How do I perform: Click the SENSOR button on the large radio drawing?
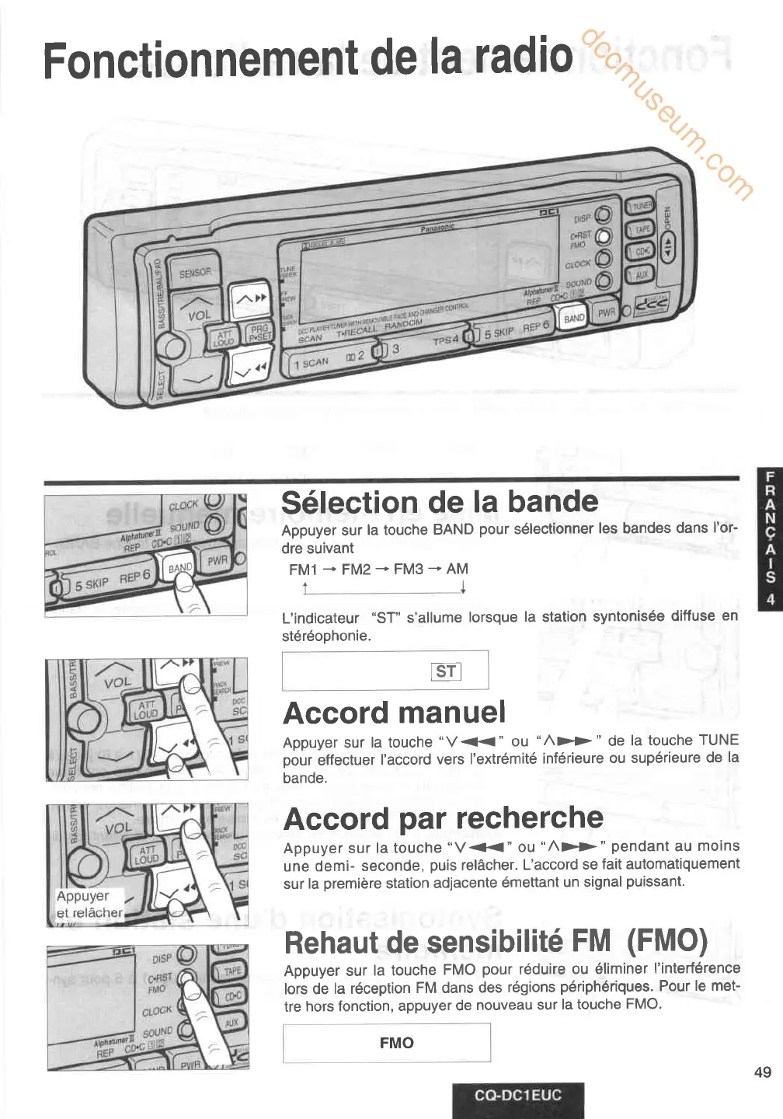click(195, 272)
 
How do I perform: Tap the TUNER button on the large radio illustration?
click(642, 207)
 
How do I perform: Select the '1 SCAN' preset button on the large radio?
click(311, 363)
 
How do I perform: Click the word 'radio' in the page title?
click(523, 56)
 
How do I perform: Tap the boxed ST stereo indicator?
click(447, 671)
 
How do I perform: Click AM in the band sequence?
click(458, 569)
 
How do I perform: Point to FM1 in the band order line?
click(303, 570)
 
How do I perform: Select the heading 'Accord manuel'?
click(395, 713)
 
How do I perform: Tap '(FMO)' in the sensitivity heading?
click(667, 941)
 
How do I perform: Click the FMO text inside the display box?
click(396, 1043)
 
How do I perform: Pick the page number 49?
click(762, 1072)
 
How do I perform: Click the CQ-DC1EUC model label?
click(518, 1096)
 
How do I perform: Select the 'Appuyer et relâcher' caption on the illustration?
click(89, 905)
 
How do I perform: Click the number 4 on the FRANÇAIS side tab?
click(770, 599)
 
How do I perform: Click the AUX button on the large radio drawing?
click(642, 274)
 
